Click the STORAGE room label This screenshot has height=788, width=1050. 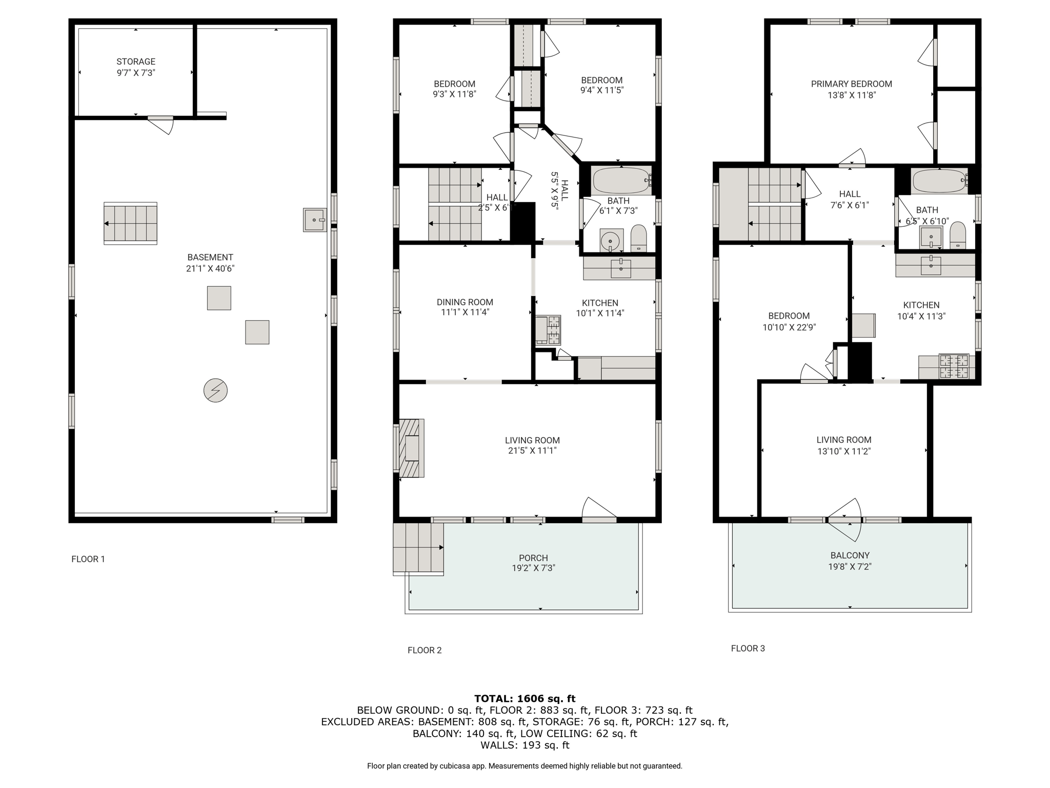135,62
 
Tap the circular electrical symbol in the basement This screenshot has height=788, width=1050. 215,390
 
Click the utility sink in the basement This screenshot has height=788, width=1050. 315,220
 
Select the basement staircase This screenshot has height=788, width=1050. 130,223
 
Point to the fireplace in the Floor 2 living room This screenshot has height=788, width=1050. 411,448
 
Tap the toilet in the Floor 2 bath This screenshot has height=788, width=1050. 638,239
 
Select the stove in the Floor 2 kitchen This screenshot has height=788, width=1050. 548,330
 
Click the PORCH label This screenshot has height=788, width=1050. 533,558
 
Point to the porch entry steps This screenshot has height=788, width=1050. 418,548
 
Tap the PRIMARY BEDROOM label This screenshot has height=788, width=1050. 852,84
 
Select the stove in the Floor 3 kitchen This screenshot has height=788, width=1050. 954,366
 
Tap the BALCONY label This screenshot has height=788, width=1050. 850,555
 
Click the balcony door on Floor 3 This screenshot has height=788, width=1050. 844,520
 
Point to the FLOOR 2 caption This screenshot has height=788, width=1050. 425,651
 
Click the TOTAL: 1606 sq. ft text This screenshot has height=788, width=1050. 525,698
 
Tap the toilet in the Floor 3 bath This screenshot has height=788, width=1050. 958,235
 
